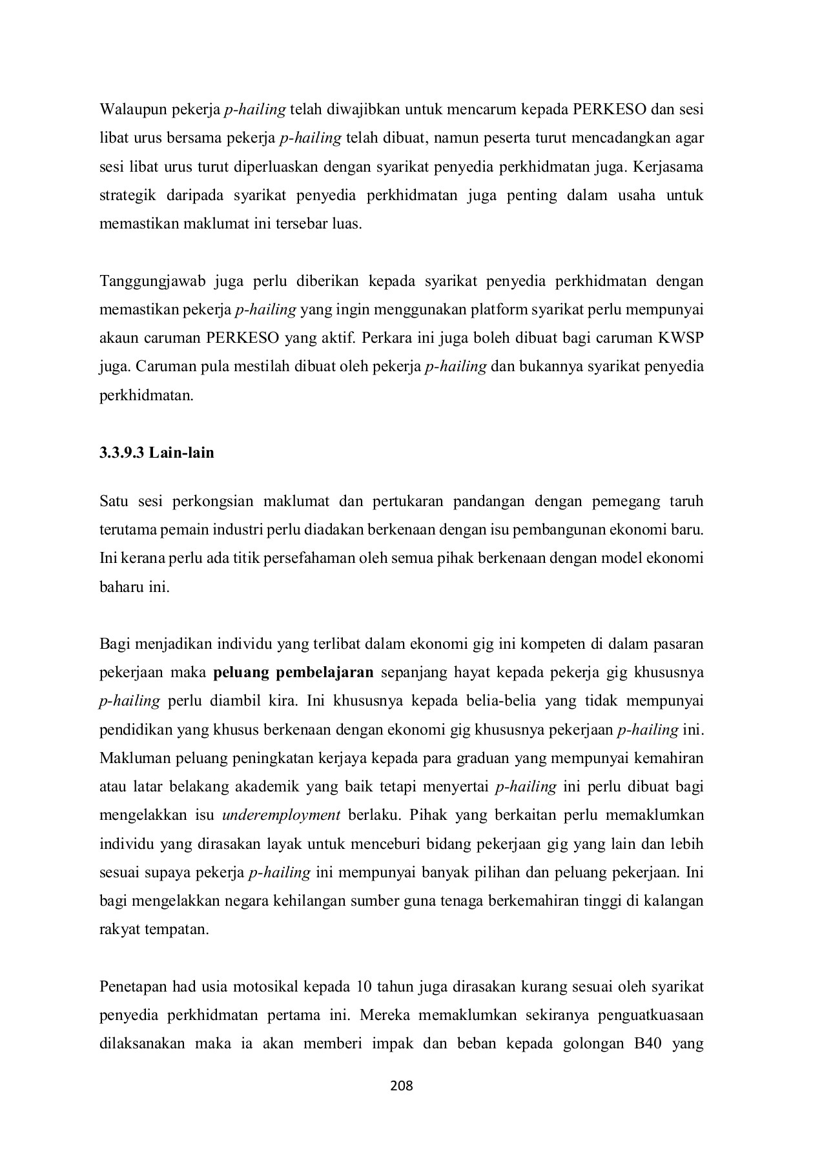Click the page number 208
[x=401, y=1085]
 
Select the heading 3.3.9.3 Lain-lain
[x=156, y=453]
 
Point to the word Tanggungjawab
[x=150, y=281]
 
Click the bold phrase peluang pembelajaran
[x=293, y=673]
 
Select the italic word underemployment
[x=281, y=815]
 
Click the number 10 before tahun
[x=364, y=987]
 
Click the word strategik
[x=125, y=195]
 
